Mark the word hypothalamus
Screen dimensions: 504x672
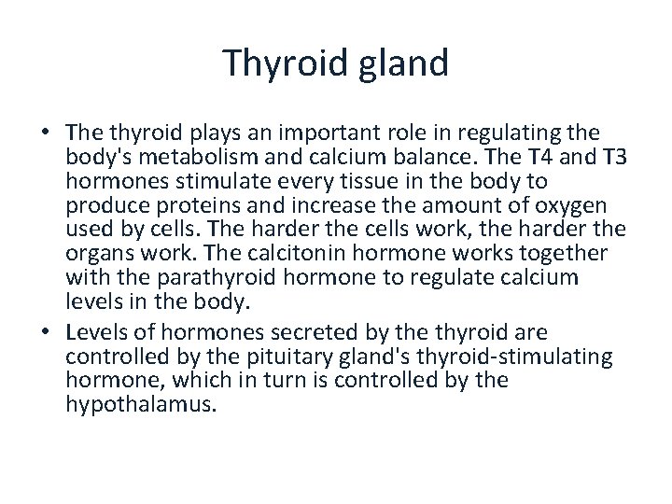click(140, 405)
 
